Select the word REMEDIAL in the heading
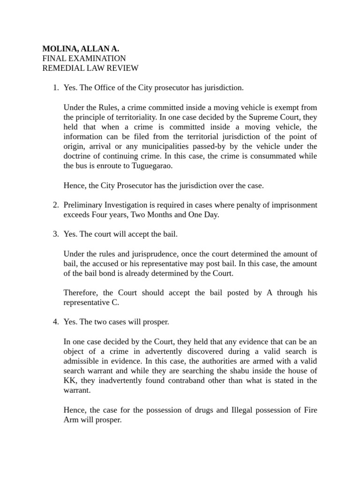[x=60, y=68]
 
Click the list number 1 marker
[x=54, y=88]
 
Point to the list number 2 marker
[x=54, y=205]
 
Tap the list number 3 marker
[x=54, y=234]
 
